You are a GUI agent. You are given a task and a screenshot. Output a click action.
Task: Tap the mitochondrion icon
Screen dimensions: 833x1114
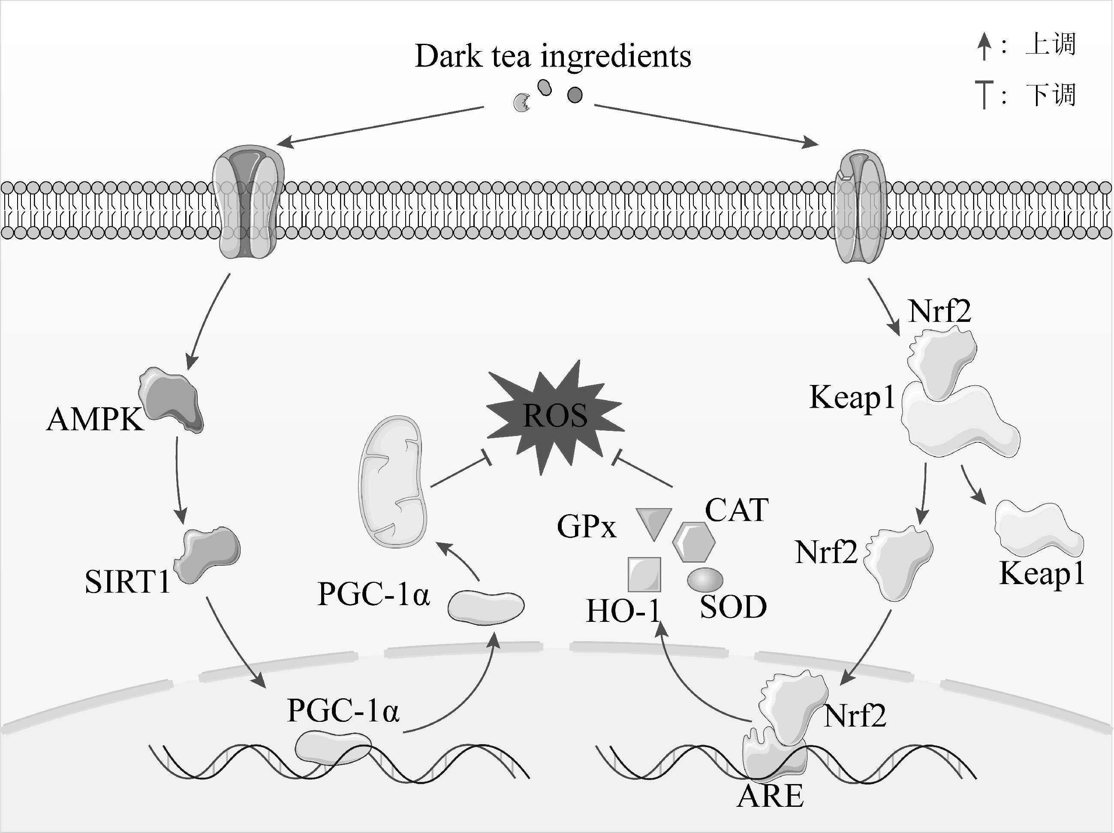point(392,481)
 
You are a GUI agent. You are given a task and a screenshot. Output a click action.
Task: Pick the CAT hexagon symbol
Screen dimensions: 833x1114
point(693,542)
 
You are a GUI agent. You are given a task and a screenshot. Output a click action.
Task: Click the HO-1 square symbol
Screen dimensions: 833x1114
point(644,574)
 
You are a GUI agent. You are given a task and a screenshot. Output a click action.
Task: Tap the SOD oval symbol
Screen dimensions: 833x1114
point(705,579)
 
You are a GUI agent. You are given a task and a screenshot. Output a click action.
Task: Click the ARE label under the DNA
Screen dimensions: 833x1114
point(770,796)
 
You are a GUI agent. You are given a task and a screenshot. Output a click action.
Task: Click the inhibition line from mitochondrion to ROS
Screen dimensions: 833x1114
point(461,471)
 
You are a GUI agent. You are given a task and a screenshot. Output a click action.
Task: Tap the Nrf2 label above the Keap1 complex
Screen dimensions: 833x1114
point(939,311)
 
